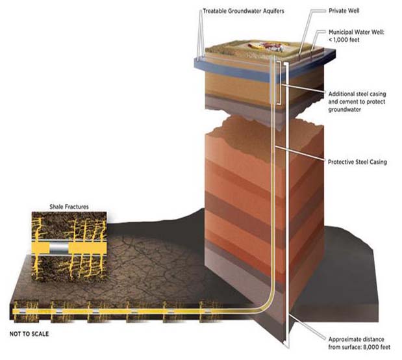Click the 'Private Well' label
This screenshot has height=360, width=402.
340,11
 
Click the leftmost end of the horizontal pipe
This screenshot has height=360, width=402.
15,313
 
